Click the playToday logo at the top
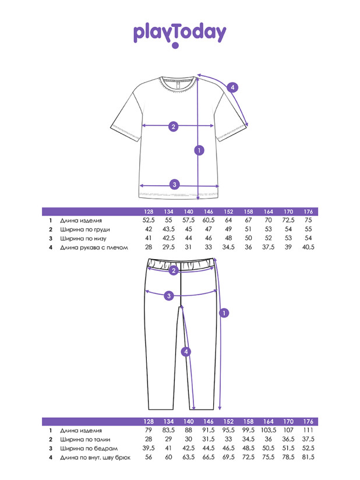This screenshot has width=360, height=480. point(179,34)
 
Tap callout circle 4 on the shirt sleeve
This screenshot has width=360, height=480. point(232,87)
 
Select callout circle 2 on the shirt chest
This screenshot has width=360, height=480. point(174,126)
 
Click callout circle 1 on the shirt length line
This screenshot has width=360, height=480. point(199,150)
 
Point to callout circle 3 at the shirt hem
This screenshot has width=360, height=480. point(175,185)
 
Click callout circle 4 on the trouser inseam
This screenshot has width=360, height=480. point(186,352)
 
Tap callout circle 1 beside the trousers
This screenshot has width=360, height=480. point(224,313)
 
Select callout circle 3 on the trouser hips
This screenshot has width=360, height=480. point(169,296)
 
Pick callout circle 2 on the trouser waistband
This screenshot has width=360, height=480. point(174,270)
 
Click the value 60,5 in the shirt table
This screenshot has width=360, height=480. point(209,220)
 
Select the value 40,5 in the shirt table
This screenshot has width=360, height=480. point(308,247)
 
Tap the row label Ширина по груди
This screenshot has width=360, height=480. point(85,230)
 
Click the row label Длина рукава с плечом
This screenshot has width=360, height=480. point(94,248)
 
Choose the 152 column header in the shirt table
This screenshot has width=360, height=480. point(228,211)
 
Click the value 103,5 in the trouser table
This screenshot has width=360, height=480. point(269,430)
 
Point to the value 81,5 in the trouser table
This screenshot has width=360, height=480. point(308,457)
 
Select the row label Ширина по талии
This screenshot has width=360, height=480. point(85,440)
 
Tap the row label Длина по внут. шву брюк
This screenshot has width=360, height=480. point(95,458)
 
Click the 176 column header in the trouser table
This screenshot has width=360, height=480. point(308,422)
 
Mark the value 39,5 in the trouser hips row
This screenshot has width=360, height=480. point(149,448)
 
